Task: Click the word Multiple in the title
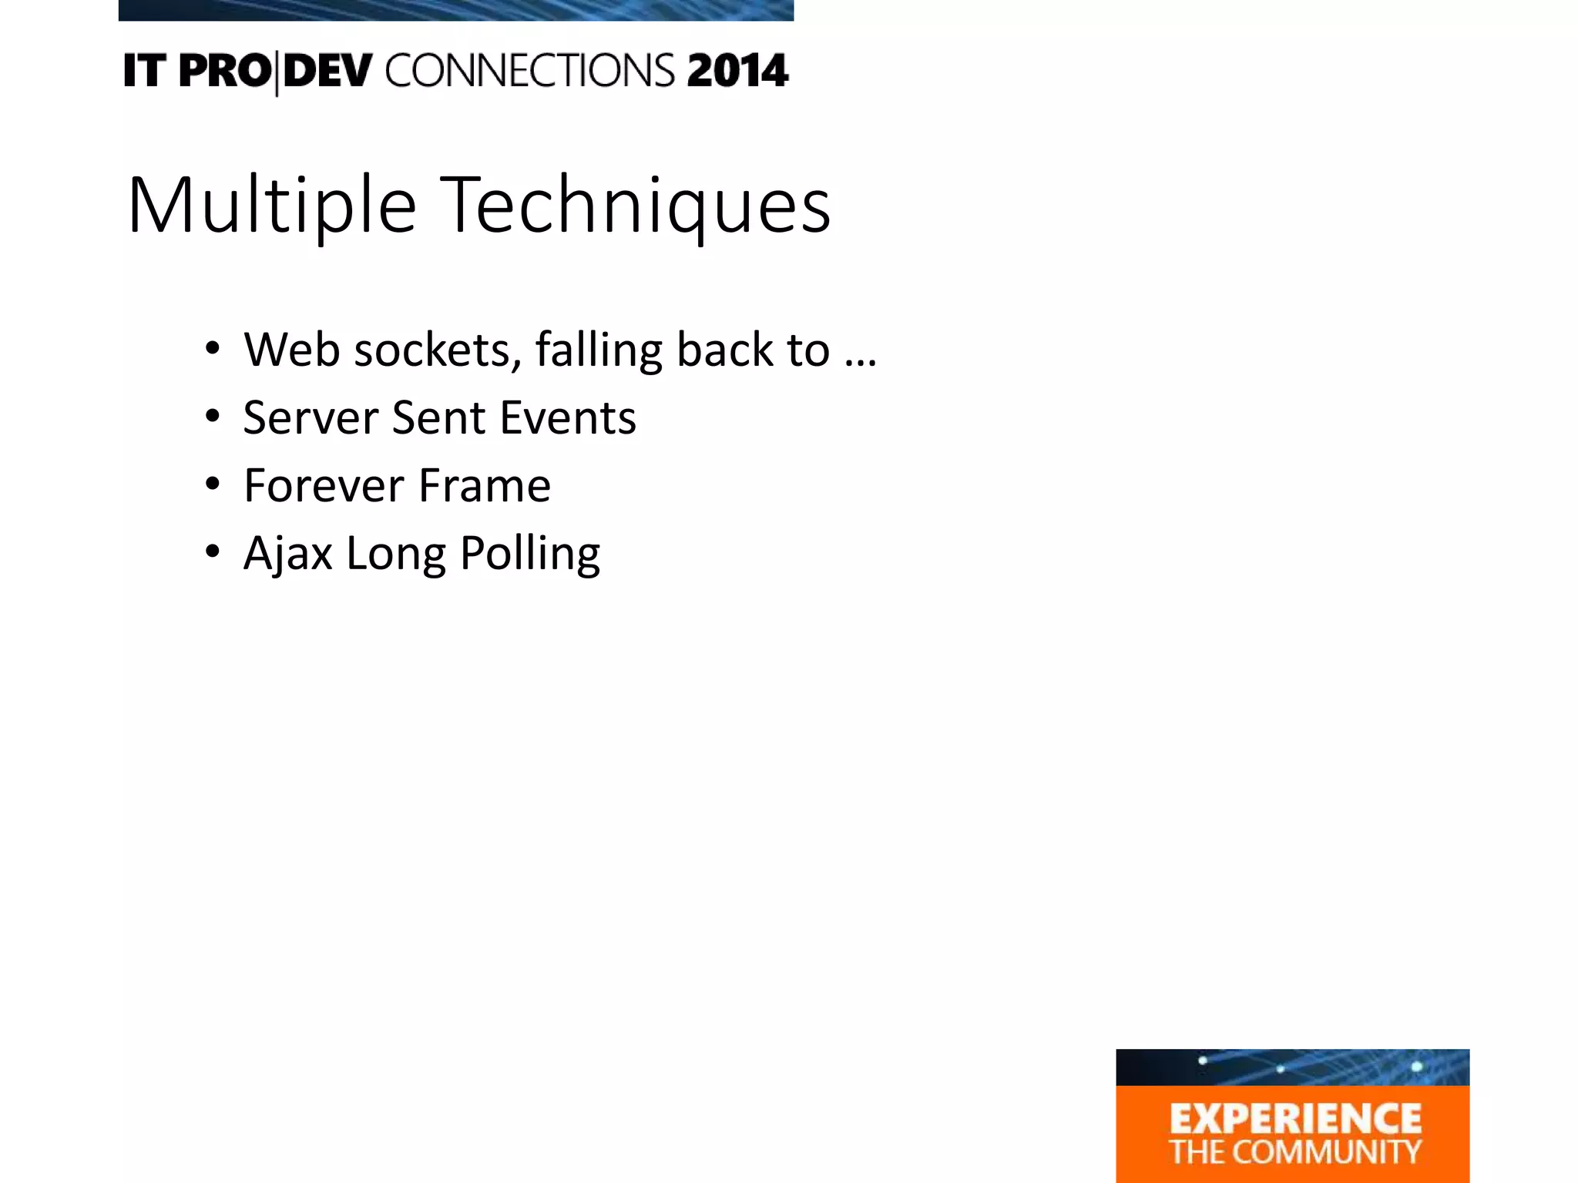point(272,206)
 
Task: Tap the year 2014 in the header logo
point(737,71)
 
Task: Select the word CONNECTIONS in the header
point(529,71)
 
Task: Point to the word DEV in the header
point(327,71)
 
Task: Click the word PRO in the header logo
point(224,71)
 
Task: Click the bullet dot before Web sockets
point(213,349)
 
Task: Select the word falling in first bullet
point(599,351)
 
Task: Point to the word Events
point(568,417)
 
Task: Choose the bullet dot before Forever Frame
point(213,484)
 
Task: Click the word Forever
point(324,485)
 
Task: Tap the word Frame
point(485,485)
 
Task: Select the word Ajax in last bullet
point(287,554)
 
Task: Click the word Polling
point(529,554)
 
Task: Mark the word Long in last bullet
point(395,554)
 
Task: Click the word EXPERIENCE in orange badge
point(1294,1119)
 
